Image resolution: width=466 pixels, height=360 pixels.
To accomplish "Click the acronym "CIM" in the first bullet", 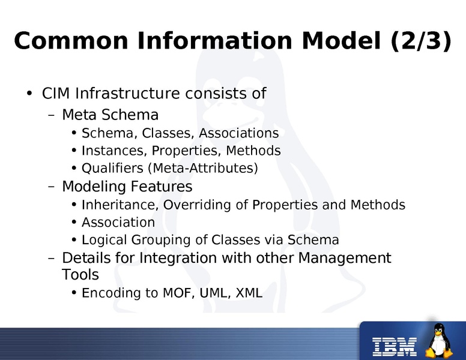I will pyautogui.click(x=55, y=94).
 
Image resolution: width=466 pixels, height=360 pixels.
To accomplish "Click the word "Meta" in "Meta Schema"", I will pyautogui.click(x=76, y=115).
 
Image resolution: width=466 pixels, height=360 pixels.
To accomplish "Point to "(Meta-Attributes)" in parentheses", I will pyautogui.click(x=207, y=169).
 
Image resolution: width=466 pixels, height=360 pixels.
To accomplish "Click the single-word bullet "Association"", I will pyautogui.click(x=118, y=222).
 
